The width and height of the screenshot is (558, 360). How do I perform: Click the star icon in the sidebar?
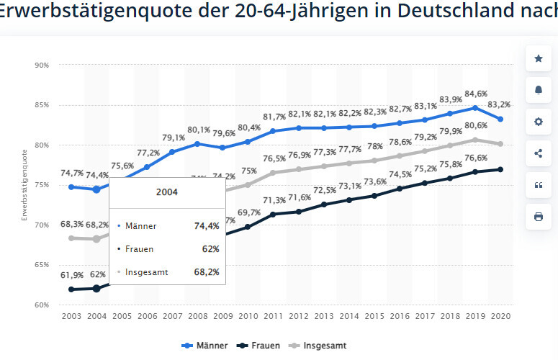[x=538, y=58]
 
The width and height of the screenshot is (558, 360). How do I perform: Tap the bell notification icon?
[x=538, y=90]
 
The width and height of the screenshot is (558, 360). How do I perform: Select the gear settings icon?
[x=538, y=122]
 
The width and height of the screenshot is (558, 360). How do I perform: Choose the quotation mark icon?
[x=538, y=184]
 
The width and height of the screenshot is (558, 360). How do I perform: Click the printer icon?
[x=538, y=216]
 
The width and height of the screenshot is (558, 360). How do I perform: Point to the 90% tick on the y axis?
[x=41, y=65]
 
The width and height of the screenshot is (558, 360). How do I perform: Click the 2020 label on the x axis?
[x=500, y=317]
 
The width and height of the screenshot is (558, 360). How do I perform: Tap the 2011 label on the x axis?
[x=273, y=317]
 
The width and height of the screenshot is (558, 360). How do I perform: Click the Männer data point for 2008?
[x=197, y=144]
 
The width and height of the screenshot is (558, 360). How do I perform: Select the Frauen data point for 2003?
[x=71, y=289]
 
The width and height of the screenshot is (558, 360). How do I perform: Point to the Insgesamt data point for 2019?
[x=474, y=140]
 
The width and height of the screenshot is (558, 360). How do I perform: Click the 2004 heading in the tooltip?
[x=167, y=193]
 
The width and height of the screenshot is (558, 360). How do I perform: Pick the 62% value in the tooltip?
[x=210, y=248]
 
